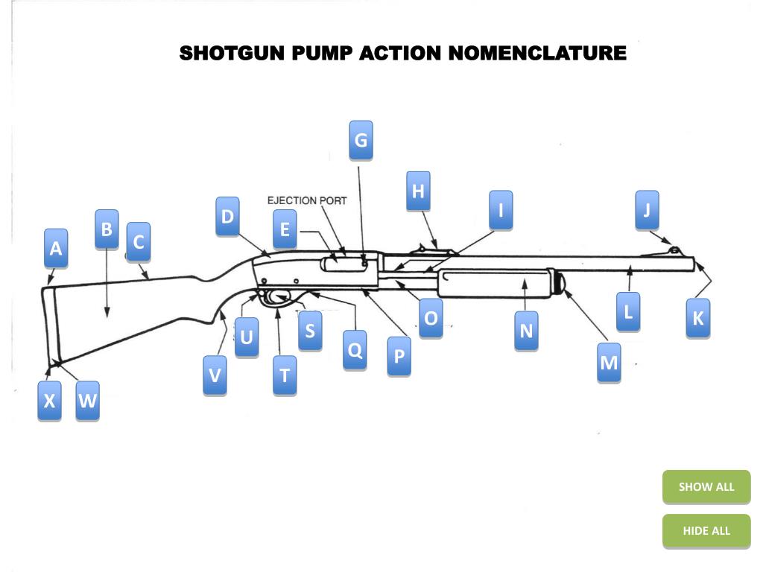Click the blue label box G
361,140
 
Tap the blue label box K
698,319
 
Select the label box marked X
49,401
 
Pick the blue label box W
87,401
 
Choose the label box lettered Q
355,349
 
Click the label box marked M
609,363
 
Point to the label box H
418,191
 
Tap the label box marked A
55,249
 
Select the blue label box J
647,211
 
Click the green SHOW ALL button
706,487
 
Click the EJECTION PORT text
307,200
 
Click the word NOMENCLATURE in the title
538,54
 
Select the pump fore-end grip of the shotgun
496,284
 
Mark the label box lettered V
215,375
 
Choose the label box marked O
431,319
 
